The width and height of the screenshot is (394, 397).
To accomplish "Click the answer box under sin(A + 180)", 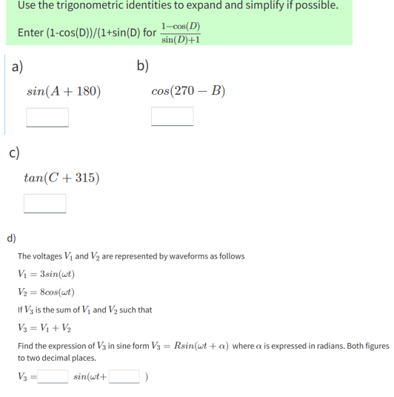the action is click(x=47, y=117).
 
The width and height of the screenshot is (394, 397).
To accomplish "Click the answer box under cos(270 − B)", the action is click(x=173, y=117).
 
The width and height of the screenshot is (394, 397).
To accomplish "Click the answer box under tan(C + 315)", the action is click(x=45, y=203).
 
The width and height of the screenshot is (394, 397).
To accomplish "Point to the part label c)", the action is click(x=14, y=153).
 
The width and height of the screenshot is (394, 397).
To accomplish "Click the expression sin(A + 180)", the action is click(x=64, y=93).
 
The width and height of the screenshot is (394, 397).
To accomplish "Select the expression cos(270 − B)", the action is click(x=187, y=93).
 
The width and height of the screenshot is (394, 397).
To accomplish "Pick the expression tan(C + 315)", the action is click(x=62, y=178).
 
